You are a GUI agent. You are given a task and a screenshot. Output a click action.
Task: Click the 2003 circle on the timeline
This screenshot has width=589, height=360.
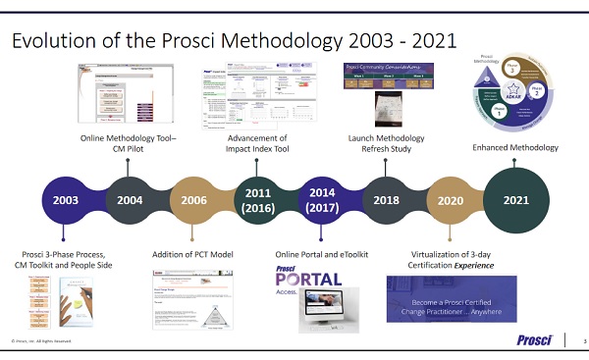pyautogui.click(x=65, y=200)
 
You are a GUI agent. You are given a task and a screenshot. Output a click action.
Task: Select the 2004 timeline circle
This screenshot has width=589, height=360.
pyautogui.click(x=130, y=200)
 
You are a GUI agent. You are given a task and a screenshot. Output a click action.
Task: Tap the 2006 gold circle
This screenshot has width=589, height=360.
pyautogui.click(x=192, y=200)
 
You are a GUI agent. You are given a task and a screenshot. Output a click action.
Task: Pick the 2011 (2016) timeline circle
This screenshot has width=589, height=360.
pyautogui.click(x=257, y=200)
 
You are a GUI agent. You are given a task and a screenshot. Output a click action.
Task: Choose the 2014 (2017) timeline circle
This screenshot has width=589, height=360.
pyautogui.click(x=321, y=200)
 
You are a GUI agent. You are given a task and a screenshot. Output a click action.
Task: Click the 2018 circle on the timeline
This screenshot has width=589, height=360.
pyautogui.click(x=385, y=200)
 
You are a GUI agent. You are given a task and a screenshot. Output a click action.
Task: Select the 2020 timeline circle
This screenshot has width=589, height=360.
pyautogui.click(x=450, y=200)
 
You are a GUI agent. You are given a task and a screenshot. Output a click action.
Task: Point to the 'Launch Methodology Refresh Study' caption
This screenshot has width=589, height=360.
pyautogui.click(x=385, y=144)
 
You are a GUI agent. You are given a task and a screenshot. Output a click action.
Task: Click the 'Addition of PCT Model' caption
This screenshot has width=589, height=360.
pyautogui.click(x=192, y=255)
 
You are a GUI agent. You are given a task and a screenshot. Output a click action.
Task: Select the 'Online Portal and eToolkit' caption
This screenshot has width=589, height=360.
pyautogui.click(x=320, y=255)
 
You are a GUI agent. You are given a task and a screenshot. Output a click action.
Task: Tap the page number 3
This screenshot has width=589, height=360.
pyautogui.click(x=581, y=340)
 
